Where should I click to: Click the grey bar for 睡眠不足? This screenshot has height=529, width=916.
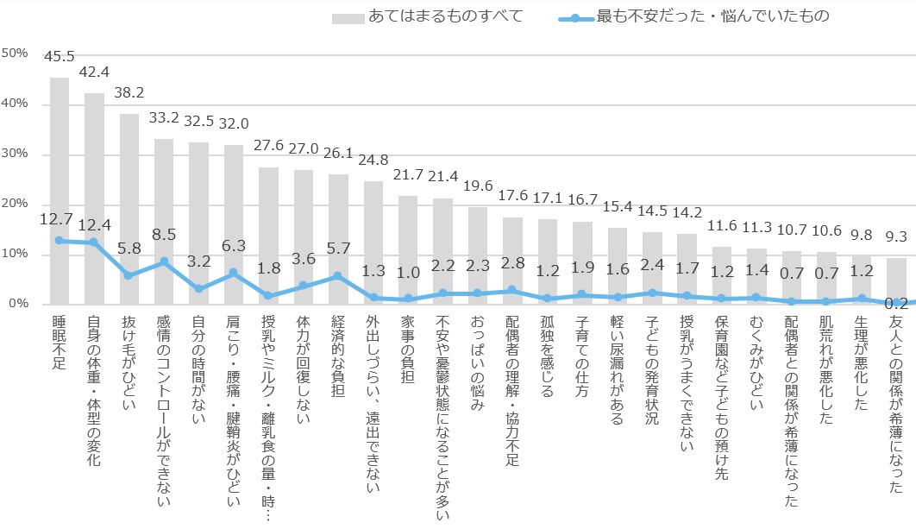pos(60,190)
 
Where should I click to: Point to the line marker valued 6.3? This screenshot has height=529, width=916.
pos(234,273)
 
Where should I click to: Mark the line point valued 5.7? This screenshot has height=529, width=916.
pos(338,276)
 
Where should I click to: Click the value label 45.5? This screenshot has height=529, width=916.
pos(60,58)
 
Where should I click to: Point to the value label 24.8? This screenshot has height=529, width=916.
pos(373,162)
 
